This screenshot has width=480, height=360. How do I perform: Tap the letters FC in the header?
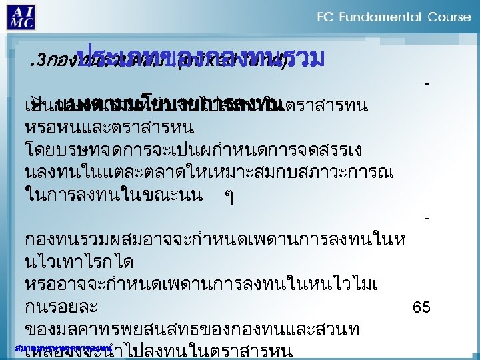(327, 16)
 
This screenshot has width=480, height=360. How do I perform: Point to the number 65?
(421, 307)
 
